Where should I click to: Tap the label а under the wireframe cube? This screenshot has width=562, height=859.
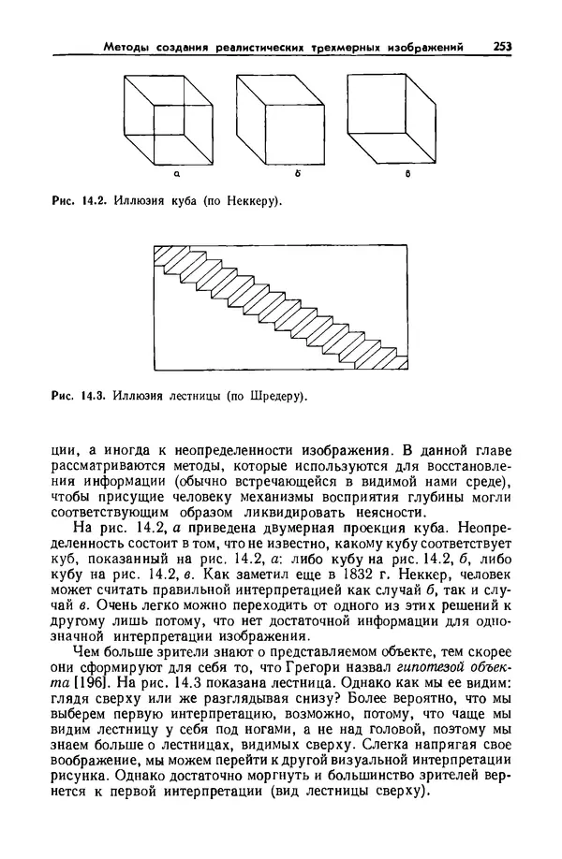(176, 172)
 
